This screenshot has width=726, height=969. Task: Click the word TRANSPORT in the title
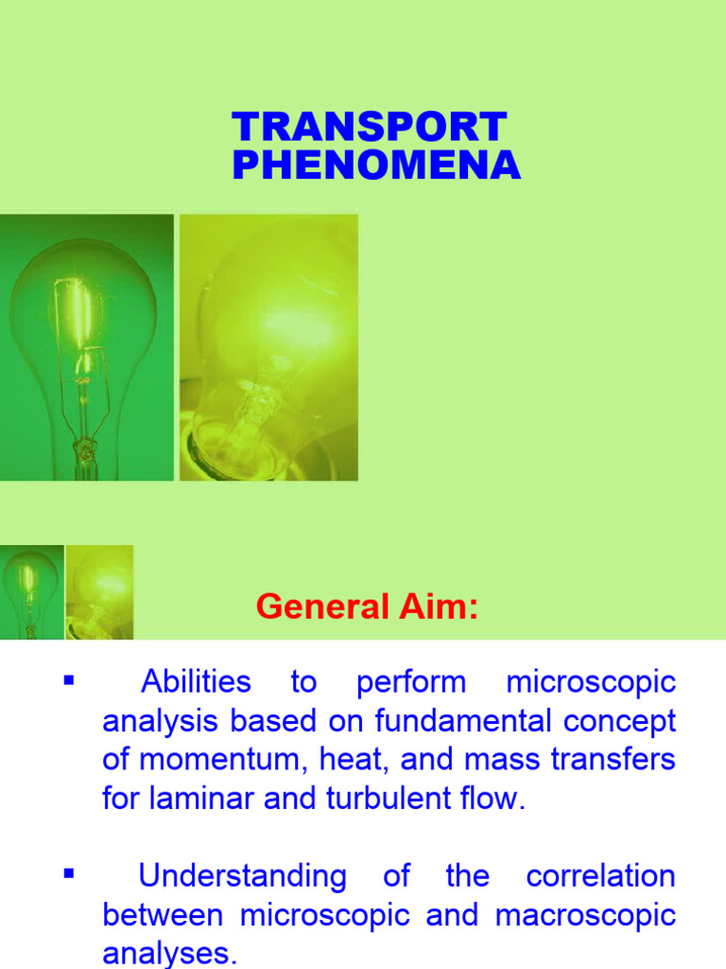tap(369, 129)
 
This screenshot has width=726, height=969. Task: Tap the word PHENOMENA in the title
tap(375, 167)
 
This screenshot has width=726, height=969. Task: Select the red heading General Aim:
tap(368, 606)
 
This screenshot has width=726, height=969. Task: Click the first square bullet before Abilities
tap(67, 679)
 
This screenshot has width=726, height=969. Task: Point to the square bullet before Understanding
tap(67, 873)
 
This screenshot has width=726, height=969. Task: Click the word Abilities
tap(196, 681)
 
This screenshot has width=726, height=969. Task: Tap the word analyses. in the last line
tap(170, 953)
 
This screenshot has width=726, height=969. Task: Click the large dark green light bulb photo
tap(86, 346)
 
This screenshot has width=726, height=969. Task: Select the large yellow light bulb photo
tap(268, 346)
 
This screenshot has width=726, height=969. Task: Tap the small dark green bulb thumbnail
tap(31, 591)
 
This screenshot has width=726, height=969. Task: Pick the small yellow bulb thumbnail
tap(99, 591)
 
